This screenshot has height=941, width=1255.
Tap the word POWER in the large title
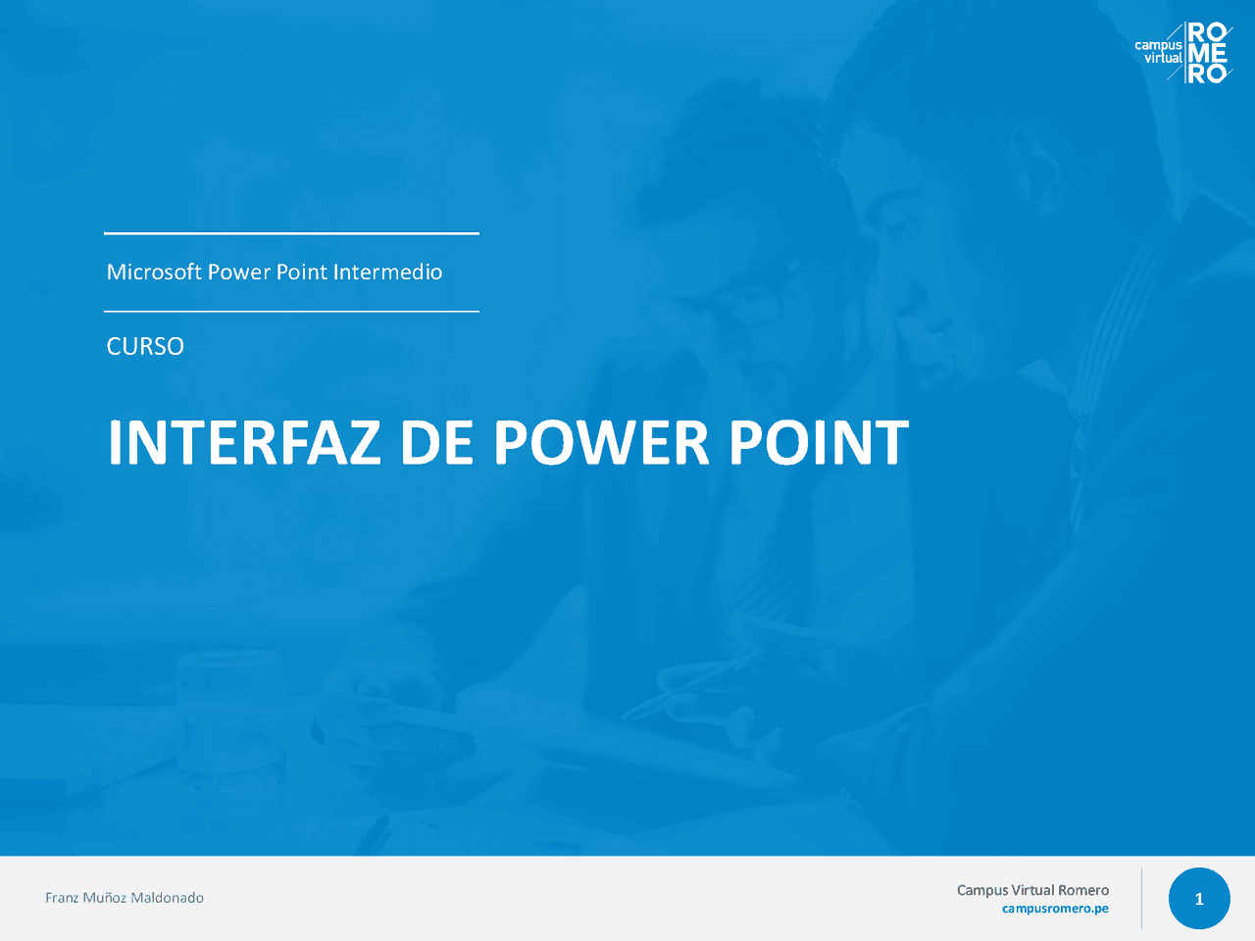pos(600,443)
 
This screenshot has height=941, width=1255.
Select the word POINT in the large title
pos(818,443)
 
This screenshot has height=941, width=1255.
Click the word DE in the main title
pos(436,443)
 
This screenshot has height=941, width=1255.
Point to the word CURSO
pos(145,346)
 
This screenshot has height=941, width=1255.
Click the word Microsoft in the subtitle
pos(154,272)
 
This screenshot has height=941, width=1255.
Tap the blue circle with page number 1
pos(1198,899)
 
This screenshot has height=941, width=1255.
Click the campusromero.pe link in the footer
pos(1055,909)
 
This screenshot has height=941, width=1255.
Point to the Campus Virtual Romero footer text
pos(1032,890)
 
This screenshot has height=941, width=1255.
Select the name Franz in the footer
pos(62,898)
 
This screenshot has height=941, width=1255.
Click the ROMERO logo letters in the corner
pos(1208,53)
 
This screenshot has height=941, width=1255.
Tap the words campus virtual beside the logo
pos(1159,52)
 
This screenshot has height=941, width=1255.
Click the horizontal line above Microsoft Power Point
pos(291,233)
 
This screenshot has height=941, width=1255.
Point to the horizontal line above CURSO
pos(291,312)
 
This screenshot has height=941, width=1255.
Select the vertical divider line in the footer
pos(1141,898)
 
